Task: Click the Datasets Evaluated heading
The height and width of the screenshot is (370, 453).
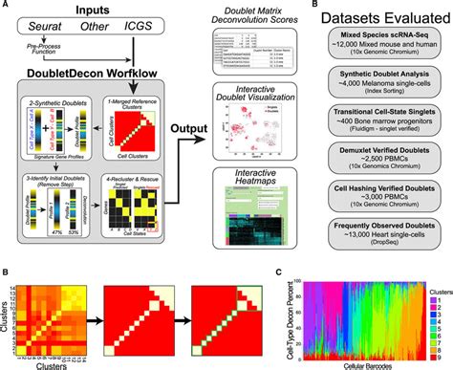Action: (388, 20)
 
